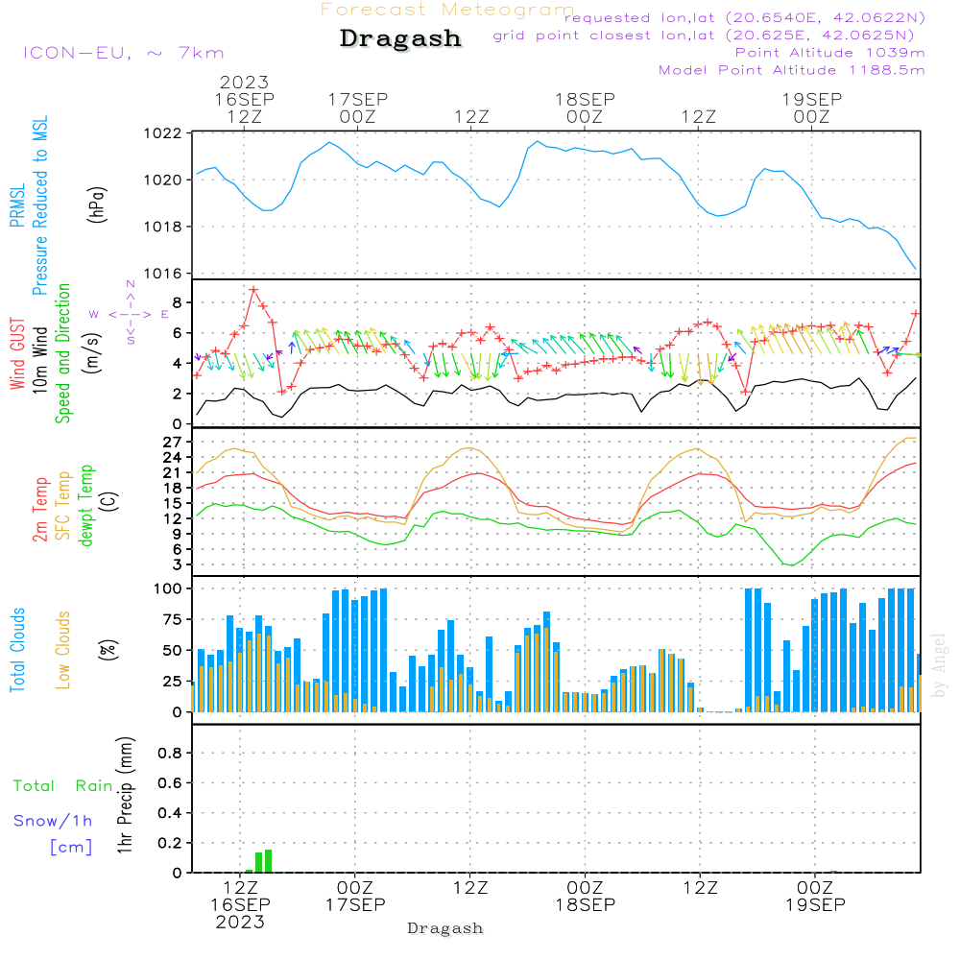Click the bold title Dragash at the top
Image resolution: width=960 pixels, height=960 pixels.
point(400,38)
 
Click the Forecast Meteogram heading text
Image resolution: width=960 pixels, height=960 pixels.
point(446,10)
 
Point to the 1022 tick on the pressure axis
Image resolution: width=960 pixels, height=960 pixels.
point(166,133)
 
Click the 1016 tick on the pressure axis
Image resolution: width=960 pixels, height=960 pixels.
point(166,274)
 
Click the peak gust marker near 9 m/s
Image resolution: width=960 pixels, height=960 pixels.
point(253,289)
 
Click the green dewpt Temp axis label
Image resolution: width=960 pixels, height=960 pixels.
point(87,505)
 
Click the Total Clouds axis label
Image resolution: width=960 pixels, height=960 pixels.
point(18,650)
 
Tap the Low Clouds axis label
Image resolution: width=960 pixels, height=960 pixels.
point(64,650)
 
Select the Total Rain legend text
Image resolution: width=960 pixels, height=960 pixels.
point(63,786)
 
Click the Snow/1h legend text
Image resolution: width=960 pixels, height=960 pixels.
point(54,821)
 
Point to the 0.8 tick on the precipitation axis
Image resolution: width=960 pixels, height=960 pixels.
point(170,754)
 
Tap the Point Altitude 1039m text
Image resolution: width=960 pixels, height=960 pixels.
point(829,52)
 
